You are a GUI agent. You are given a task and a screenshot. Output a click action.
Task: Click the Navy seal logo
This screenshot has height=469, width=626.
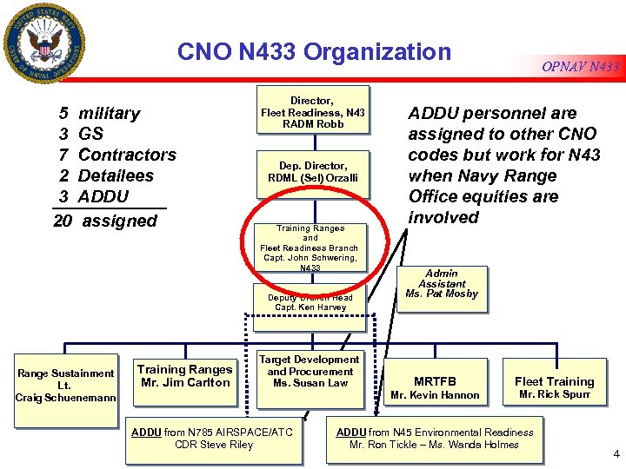[x=45, y=43]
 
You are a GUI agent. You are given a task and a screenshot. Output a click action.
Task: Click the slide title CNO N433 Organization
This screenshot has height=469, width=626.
[x=314, y=52]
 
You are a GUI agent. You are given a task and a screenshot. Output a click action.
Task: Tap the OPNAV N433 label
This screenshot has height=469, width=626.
[x=581, y=67]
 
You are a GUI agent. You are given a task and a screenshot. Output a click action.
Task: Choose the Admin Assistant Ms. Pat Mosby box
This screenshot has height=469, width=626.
[x=442, y=284]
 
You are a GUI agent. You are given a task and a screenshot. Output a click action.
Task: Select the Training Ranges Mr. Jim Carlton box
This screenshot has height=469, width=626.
[x=184, y=376]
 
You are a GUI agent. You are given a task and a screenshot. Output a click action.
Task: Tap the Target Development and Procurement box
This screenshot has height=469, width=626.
[x=310, y=371]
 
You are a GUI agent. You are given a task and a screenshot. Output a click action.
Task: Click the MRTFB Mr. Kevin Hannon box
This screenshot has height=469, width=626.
[x=435, y=387]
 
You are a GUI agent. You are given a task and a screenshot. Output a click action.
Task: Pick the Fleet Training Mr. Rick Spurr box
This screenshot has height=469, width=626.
[x=554, y=387]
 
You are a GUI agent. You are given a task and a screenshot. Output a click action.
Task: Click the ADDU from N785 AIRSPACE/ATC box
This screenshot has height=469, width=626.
[x=214, y=438]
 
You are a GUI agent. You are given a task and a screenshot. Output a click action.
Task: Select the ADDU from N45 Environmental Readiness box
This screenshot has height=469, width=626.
[x=435, y=438]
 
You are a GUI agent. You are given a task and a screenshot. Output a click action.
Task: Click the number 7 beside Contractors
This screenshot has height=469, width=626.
[x=64, y=155]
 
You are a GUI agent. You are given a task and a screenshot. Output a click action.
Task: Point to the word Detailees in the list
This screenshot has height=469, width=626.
[x=116, y=175]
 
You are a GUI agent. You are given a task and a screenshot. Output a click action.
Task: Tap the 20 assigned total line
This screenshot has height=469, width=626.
[x=105, y=221]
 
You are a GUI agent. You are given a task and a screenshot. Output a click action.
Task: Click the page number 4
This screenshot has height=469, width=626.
[x=615, y=453]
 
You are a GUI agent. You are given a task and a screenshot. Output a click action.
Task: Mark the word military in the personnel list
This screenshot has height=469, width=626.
[x=109, y=113]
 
